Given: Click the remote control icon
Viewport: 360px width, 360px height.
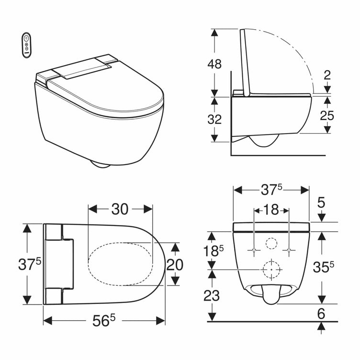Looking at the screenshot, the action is pos(27,45).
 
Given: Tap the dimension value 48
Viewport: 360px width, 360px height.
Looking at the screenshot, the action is pos(214,64).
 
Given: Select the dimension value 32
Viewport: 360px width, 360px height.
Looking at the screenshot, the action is pos(214,119).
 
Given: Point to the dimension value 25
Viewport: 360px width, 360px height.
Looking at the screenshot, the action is pos(327,115).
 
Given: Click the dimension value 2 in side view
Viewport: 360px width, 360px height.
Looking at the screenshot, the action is pos(327,75).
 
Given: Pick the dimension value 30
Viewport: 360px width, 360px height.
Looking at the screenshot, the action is pos(120,209).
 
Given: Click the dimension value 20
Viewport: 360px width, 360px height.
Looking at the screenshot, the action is pos(175,264).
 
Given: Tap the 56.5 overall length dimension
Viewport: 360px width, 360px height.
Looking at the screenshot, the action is pos(104,320).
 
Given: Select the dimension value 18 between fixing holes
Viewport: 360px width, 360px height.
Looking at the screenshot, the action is pos(271,210).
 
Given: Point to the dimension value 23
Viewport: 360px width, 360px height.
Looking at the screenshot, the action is pos(212,295).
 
